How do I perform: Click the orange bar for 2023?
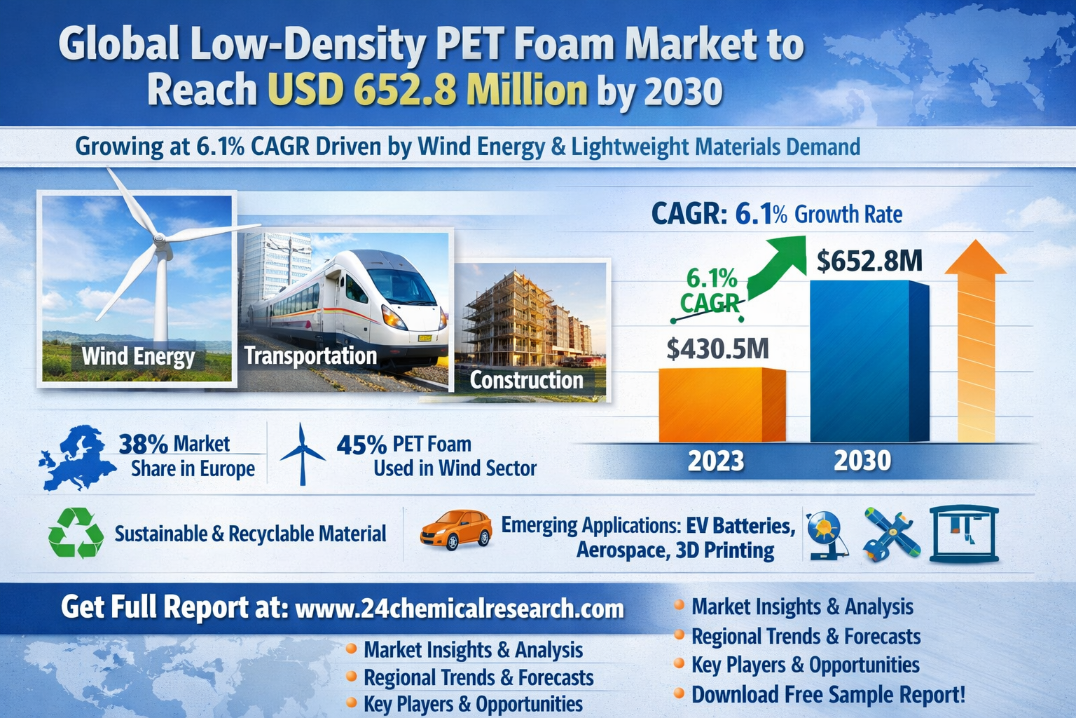(x=722, y=405)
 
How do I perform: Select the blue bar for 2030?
(x=869, y=361)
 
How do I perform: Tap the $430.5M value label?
(x=717, y=349)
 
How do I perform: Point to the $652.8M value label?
(x=869, y=261)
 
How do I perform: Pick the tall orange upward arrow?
(x=976, y=341)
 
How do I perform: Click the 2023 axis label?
(x=716, y=461)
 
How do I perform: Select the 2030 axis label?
(x=862, y=460)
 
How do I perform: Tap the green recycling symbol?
(x=76, y=533)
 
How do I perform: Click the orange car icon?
(x=456, y=530)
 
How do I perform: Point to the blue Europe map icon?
(x=78, y=457)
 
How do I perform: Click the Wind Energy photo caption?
(x=138, y=356)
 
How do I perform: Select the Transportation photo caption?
(x=310, y=356)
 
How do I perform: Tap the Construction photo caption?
(x=527, y=380)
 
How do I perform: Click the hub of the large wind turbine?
(x=158, y=238)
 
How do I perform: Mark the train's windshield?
(x=401, y=285)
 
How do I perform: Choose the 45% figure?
(x=361, y=445)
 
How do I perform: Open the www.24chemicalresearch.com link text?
(x=460, y=609)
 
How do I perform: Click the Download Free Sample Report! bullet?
(x=828, y=694)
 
